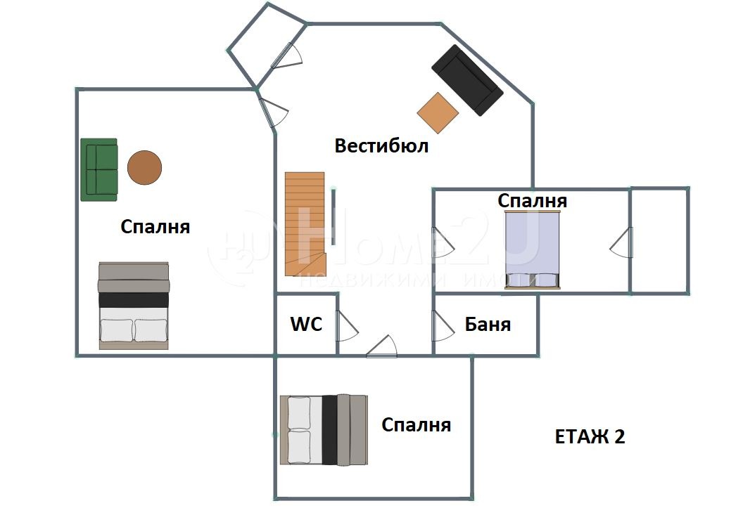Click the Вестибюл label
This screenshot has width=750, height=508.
tap(381, 145)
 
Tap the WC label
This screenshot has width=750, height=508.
tap(306, 324)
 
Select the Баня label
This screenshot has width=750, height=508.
tap(488, 325)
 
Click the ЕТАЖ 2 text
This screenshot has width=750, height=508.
tap(590, 436)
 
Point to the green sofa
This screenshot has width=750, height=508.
tap(99, 169)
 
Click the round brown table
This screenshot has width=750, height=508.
tap(144, 167)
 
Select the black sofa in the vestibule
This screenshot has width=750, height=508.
tap(467, 80)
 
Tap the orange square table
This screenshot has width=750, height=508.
tap(438, 113)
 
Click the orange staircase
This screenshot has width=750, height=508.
tap(305, 223)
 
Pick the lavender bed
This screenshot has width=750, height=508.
tap(533, 249)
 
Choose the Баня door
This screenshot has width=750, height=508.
tap(443, 327)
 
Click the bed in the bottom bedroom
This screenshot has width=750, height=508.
tap(324, 429)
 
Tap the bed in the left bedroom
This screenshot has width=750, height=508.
tap(134, 306)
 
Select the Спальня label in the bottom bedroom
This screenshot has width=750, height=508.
tap(416, 425)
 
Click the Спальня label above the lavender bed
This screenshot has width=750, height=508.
tap(533, 201)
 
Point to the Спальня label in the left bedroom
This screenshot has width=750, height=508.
tap(155, 226)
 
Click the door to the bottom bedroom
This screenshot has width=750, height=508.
tap(382, 346)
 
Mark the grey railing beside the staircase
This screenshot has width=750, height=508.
tap(333, 216)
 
